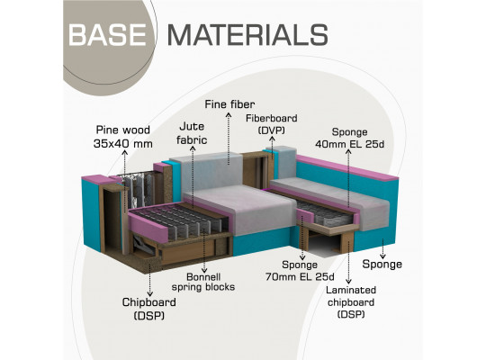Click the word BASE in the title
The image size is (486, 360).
(107, 34)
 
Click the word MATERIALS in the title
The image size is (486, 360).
(247, 34)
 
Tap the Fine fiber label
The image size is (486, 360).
(229, 104)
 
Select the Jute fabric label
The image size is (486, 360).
(192, 133)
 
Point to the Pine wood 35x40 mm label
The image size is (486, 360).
(123, 137)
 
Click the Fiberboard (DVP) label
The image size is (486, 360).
(272, 124)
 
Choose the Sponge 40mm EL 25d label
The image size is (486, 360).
(349, 138)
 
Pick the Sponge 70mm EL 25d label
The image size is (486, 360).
(300, 271)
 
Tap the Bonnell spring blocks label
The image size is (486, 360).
(203, 282)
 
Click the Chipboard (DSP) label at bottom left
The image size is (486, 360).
(149, 309)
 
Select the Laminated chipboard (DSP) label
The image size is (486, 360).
(351, 302)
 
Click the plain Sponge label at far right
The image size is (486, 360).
(382, 265)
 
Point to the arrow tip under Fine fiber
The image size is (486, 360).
(229, 114)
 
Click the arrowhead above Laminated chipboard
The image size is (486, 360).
(348, 282)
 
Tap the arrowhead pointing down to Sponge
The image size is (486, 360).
(382, 256)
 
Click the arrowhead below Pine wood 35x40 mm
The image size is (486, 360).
(124, 151)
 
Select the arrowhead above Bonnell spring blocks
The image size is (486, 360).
(204, 270)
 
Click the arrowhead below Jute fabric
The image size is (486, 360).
(193, 148)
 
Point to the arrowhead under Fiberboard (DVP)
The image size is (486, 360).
(272, 139)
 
